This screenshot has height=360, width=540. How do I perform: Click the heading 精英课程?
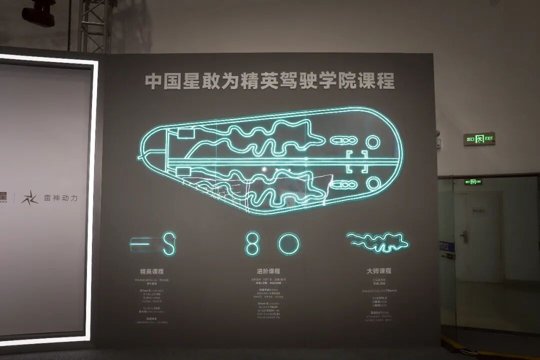click(x=151, y=271)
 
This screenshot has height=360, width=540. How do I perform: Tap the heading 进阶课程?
click(x=268, y=271)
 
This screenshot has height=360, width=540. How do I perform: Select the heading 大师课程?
click(x=378, y=271)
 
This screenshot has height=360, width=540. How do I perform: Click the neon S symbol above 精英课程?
click(x=169, y=243)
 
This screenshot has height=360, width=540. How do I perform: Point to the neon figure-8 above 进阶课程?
click(x=252, y=243)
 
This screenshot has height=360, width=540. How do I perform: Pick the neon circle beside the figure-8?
click(x=288, y=244)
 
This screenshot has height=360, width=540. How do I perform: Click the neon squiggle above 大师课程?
click(x=378, y=242)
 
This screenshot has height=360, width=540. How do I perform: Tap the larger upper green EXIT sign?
click(x=479, y=138)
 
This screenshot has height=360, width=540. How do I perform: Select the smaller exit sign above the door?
click(x=473, y=182)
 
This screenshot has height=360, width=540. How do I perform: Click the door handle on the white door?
click(x=464, y=236)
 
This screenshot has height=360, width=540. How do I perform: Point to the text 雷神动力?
click(x=60, y=198)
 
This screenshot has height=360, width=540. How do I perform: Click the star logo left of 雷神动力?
click(x=29, y=197)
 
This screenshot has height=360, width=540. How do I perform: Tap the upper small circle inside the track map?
click(x=373, y=142)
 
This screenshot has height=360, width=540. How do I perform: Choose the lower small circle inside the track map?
click(x=373, y=183)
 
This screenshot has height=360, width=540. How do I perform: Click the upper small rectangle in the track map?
click(x=185, y=133)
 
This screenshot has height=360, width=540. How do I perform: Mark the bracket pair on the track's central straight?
click(x=357, y=161)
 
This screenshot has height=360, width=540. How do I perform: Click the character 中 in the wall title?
click(x=152, y=81)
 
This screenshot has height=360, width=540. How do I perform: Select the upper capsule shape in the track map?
click(x=343, y=140)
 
